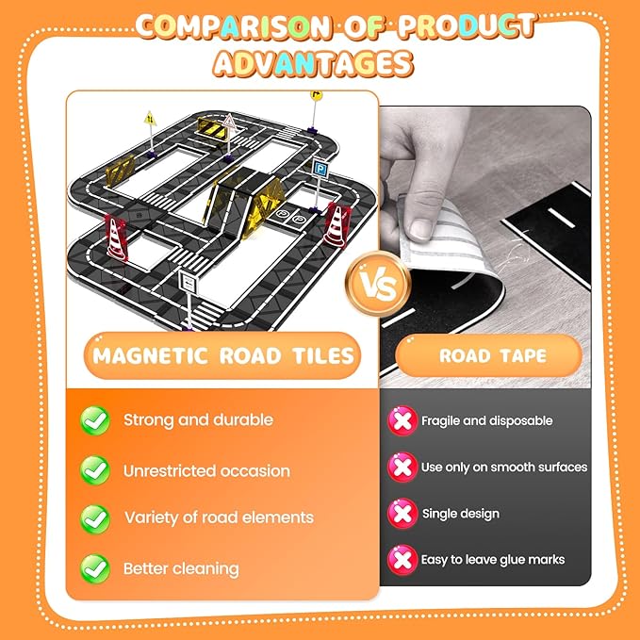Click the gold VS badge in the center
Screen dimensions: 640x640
pos(378,284)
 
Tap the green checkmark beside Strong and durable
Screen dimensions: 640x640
pos(95,420)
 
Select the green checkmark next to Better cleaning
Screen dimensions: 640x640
pos(95,568)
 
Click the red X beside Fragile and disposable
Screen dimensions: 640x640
pos(402,420)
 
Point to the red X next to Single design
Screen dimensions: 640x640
pos(402,514)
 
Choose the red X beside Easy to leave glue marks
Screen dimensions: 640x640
pos(402,560)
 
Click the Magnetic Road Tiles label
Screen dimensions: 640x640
pos(222,355)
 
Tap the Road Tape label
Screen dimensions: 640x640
pos(488,355)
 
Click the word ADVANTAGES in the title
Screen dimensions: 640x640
pos(313,64)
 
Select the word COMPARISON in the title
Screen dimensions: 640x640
pos(233,26)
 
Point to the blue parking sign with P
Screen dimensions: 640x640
pos(320,168)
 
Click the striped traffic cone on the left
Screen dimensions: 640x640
pos(116,238)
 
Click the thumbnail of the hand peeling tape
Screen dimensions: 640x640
pos(484,247)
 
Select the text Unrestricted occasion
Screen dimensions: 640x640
pos(206,471)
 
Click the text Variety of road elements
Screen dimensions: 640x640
pos(220,517)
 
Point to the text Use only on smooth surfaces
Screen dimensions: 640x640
pos(504,468)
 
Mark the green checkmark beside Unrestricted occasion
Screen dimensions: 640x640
pos(95,470)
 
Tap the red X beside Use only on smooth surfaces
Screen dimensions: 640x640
pos(402,468)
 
